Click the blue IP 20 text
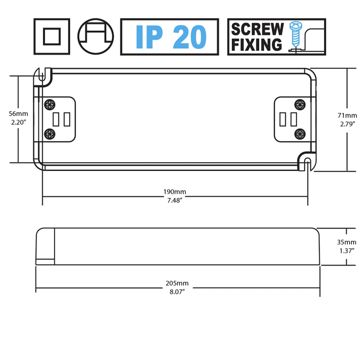pos(171,37)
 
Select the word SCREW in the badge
pos(257,29)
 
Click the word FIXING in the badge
pos(256,44)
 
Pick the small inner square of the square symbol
pos(52,36)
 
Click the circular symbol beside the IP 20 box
pos(95,36)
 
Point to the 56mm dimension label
pos(18,114)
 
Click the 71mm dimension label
pos(347,115)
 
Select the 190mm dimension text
pos(175,192)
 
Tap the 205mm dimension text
pos(177,283)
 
